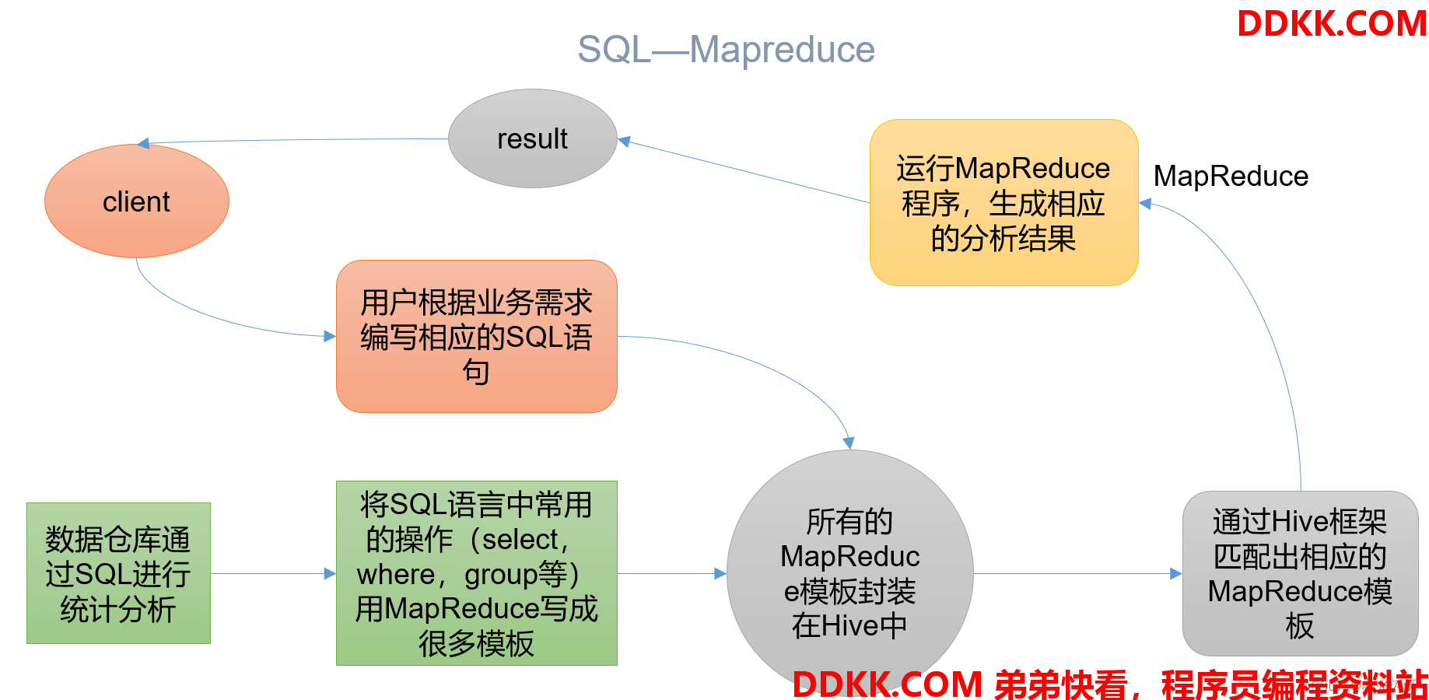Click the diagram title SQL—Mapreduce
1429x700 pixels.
726,50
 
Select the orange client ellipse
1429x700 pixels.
137,201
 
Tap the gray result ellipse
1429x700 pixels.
533,138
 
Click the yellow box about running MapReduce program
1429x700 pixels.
1003,202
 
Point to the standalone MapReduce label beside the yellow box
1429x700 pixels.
1231,177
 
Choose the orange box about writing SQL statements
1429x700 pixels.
476,336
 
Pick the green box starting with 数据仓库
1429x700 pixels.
118,573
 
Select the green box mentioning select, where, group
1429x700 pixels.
476,573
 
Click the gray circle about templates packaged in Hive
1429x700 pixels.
849,573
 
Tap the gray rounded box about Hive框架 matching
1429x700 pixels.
1300,573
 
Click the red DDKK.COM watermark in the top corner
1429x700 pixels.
1332,23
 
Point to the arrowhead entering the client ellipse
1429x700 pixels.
143,143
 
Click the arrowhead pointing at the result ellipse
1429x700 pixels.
624,141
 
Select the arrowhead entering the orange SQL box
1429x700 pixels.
330,336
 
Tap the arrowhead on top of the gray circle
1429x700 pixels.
849,443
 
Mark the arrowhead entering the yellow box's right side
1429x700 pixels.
1145,204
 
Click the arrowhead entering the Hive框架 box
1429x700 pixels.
1176,574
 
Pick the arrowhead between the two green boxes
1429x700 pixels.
330,574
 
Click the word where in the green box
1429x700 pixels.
395,575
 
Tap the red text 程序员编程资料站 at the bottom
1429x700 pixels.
1294,685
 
